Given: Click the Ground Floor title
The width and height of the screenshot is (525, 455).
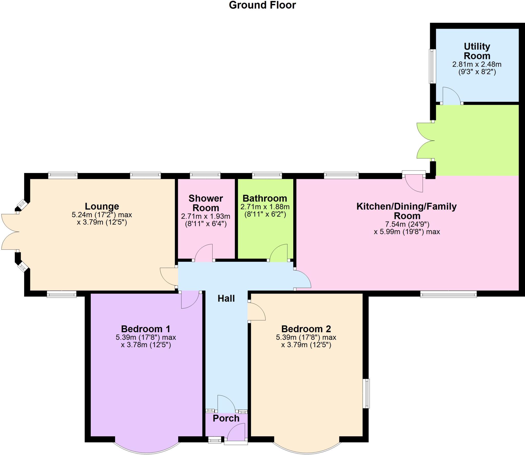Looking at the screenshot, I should pos(262,5).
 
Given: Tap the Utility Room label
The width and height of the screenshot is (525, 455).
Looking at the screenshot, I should pos(477,51).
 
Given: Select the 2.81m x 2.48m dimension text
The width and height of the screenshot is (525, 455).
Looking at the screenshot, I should pos(477,64).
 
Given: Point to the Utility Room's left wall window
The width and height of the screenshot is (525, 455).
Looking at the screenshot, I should pos(432,66).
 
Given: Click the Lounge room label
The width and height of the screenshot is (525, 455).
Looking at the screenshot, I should pos(102,206).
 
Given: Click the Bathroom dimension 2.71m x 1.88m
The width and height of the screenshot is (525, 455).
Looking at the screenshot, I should pos(265,207).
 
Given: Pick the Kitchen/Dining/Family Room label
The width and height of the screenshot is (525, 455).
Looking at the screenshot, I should pos(407,211).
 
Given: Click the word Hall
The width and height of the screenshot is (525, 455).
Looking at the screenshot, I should pos(226,298).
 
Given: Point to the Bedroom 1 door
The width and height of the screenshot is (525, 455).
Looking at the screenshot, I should pos(190,300).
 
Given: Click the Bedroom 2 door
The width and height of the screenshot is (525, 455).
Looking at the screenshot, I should pos(256,312).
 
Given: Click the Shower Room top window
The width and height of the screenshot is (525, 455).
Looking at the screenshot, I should pos(205,175).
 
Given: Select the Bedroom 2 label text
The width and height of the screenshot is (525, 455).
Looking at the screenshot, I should pos(306,329).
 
